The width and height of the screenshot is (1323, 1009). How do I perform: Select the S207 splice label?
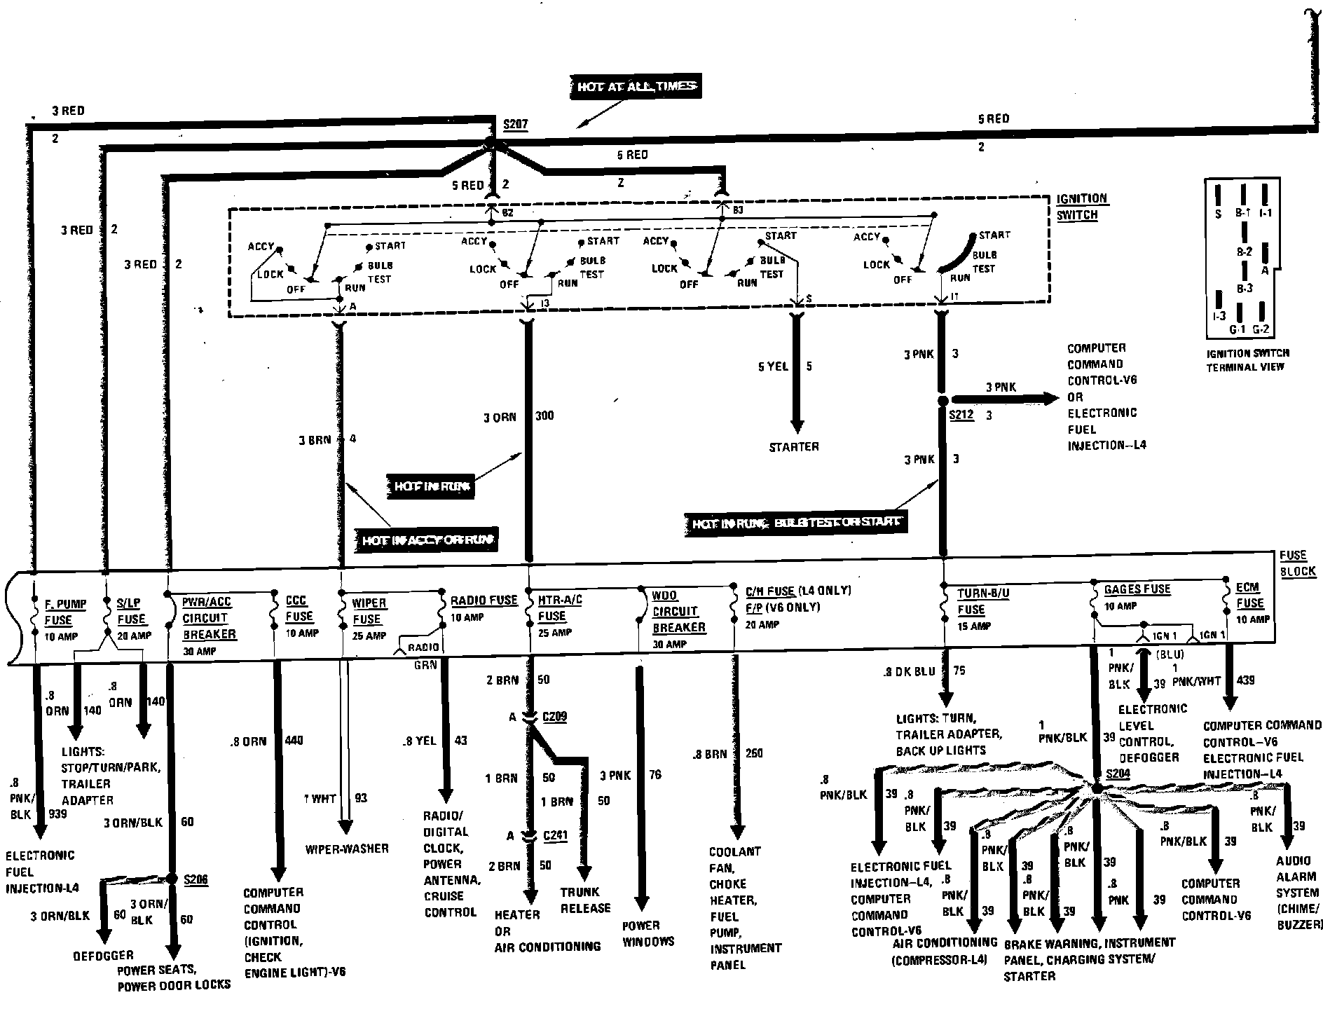515,125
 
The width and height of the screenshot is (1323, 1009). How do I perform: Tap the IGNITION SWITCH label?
1081,207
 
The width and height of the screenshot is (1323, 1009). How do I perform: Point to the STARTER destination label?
794,446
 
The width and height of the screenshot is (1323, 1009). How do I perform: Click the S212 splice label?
961,415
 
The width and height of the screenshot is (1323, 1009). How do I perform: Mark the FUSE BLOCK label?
1297,563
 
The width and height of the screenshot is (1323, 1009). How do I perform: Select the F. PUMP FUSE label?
66,612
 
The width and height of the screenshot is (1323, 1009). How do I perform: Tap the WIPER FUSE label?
368,611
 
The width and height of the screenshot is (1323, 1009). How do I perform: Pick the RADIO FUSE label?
484,600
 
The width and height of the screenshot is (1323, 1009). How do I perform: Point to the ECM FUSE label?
1249,595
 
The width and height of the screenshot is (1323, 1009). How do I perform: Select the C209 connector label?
554,717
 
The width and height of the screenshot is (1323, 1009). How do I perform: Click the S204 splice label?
1118,774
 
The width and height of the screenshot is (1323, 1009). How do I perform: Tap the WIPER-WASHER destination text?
347,849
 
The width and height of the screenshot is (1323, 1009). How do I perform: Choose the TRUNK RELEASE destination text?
585,900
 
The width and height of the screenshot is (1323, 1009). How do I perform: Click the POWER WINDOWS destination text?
648,933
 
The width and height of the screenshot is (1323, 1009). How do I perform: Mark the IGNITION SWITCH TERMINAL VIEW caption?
1247,360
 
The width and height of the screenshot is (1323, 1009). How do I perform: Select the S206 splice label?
196,879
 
